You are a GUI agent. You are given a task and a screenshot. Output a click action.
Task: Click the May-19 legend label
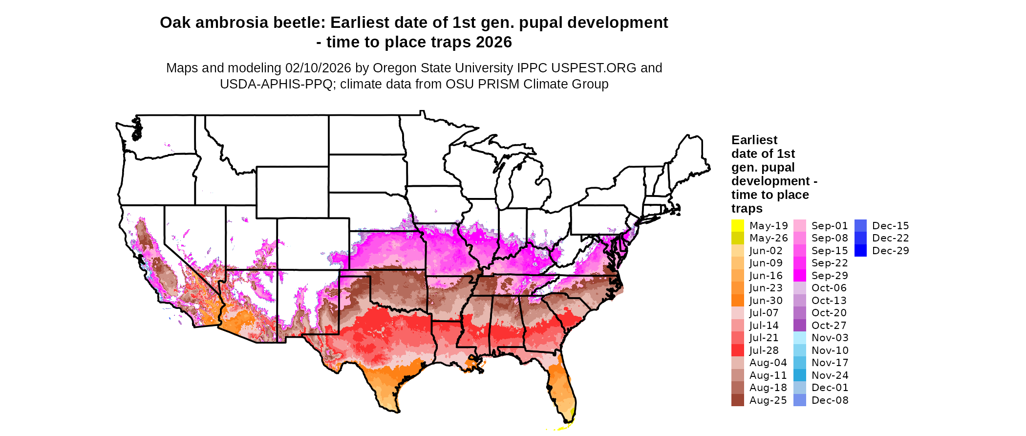click(769, 226)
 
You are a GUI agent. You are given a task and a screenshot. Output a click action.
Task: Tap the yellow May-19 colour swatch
click(737, 226)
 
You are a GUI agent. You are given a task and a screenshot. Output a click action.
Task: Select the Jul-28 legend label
click(764, 350)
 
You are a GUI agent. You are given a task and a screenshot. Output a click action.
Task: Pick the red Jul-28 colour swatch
click(737, 350)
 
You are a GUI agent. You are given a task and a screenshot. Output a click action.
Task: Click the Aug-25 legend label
click(768, 400)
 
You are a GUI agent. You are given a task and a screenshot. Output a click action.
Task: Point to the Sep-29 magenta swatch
click(800, 276)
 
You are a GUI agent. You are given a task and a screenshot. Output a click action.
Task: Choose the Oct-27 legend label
click(829, 326)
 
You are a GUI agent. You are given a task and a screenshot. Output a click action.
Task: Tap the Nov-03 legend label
click(830, 338)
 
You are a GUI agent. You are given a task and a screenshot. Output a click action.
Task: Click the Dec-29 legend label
click(891, 251)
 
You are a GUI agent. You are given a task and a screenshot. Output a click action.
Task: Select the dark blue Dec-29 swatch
click(860, 251)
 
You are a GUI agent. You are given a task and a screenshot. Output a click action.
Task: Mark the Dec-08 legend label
click(830, 400)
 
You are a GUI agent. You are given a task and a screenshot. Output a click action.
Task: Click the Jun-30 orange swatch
click(737, 301)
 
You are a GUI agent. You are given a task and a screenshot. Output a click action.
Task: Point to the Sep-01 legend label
click(830, 226)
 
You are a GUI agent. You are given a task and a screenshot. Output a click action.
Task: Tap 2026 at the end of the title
click(494, 42)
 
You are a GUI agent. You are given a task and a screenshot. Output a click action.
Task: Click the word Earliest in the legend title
click(754, 140)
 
